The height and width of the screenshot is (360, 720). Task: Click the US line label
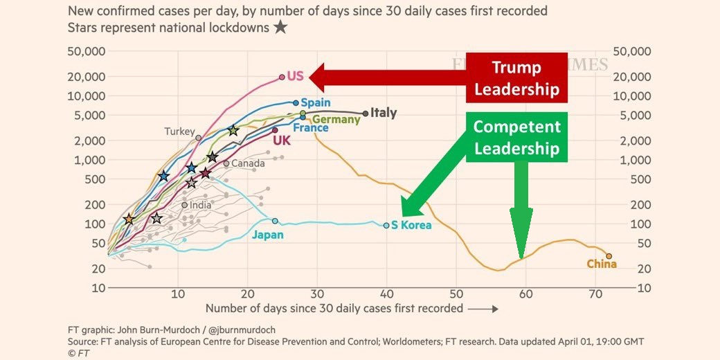coord(296,76)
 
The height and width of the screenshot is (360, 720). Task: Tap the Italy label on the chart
coord(384,113)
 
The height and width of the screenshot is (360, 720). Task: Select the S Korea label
coord(411,225)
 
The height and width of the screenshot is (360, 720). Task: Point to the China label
coord(601,264)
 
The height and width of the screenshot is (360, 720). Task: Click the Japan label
coord(267,235)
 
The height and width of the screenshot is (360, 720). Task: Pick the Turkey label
coord(179,131)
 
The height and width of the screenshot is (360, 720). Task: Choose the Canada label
coord(248,163)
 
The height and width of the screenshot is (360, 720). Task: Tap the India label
coord(201,205)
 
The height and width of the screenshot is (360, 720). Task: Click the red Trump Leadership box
coord(516,78)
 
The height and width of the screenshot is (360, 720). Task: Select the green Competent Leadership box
coord(516,137)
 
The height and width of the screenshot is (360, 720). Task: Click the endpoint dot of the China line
coord(609,256)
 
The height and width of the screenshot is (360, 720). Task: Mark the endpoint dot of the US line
coord(282,78)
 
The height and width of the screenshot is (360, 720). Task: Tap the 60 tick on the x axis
coord(525,294)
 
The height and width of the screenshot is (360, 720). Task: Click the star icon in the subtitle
coord(280,27)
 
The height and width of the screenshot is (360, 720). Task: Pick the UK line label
coord(281,141)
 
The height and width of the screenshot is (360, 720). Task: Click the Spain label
coord(315,102)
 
